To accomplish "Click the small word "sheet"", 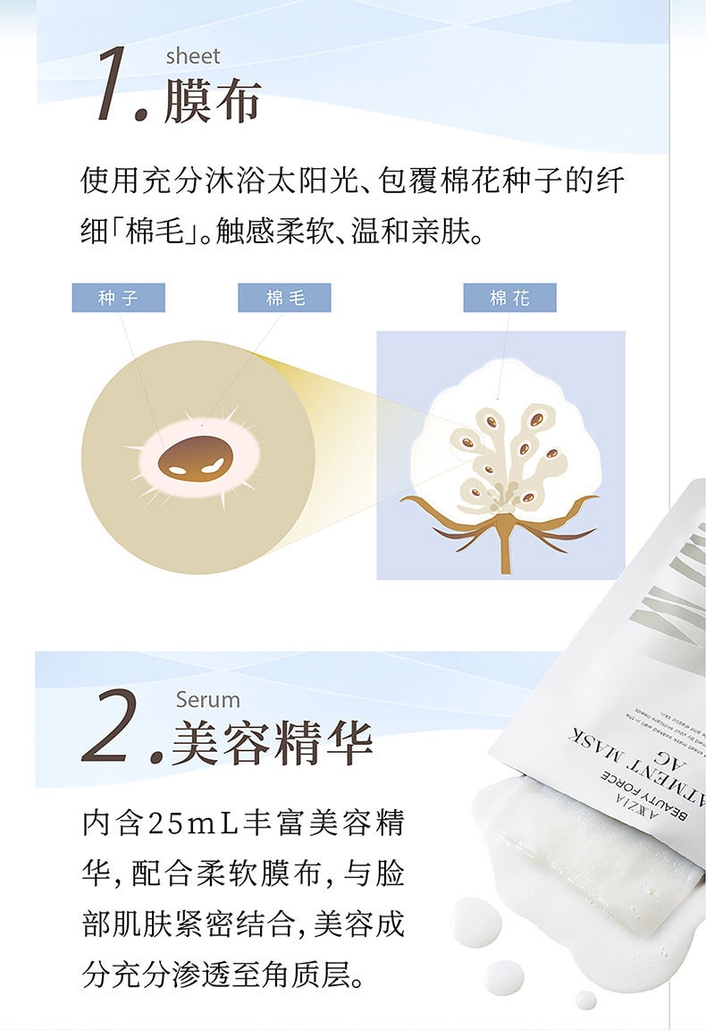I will [192, 56].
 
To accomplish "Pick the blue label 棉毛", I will [284, 298].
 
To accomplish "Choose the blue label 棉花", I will [509, 298].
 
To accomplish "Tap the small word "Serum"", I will [208, 699].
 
